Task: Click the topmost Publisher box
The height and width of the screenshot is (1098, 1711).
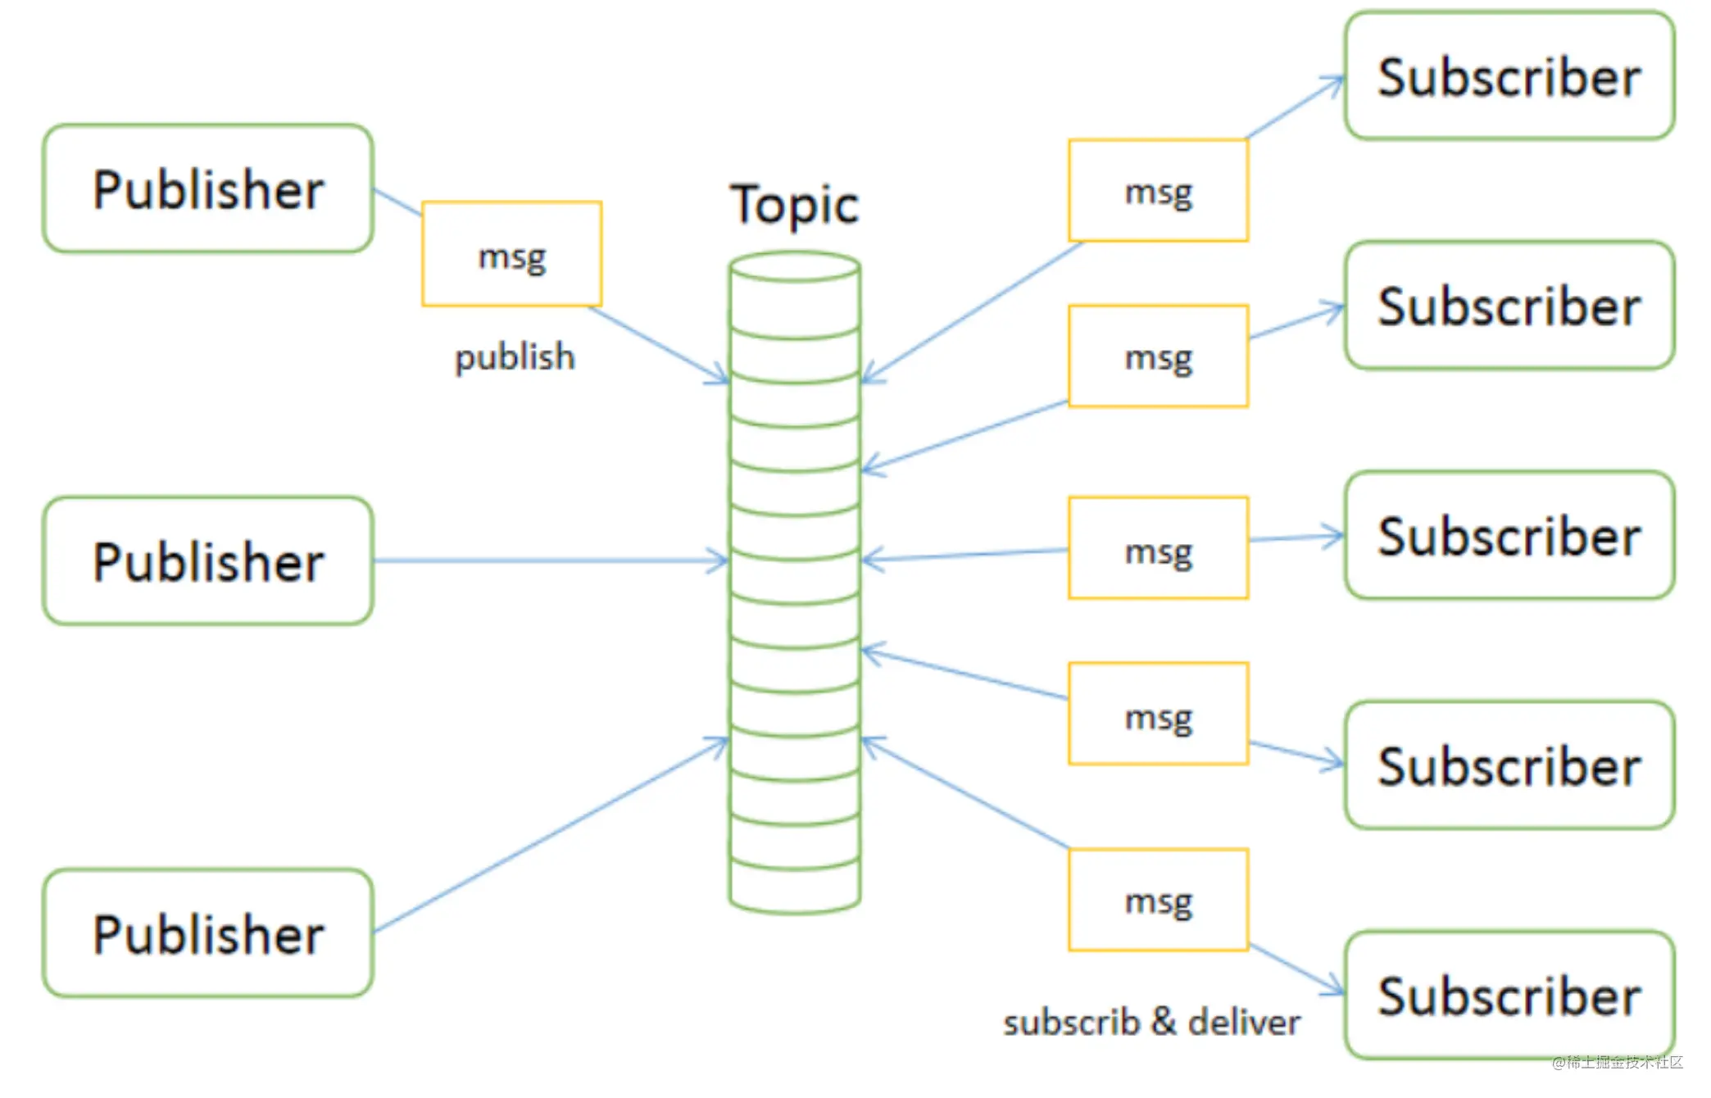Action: point(208,188)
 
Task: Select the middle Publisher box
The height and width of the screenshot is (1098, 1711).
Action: point(208,560)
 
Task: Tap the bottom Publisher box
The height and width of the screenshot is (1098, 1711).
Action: point(208,932)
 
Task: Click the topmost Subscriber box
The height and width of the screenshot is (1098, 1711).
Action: point(1509,75)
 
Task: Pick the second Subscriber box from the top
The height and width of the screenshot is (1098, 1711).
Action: point(1509,305)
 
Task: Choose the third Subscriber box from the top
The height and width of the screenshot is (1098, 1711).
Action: point(1509,535)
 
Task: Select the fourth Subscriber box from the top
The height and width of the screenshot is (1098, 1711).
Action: point(1509,765)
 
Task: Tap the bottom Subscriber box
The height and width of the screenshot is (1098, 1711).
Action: point(1509,995)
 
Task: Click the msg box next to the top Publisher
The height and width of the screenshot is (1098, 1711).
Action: point(512,254)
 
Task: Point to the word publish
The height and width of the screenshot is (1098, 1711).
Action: point(515,358)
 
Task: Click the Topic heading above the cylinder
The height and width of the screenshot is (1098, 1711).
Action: point(795,205)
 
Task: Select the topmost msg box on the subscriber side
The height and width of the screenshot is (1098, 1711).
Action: point(1159,190)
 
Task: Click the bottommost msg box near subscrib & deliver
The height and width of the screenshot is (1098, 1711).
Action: point(1159,900)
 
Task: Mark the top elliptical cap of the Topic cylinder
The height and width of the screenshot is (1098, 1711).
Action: point(795,267)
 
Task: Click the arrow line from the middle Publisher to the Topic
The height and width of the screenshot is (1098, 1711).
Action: point(551,560)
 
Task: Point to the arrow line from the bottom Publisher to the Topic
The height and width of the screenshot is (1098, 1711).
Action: point(551,834)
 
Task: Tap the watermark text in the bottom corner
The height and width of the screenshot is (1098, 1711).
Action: point(1617,1063)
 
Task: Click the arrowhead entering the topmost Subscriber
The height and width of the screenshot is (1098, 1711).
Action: point(1334,82)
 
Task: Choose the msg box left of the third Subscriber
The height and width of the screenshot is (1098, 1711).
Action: point(1159,547)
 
